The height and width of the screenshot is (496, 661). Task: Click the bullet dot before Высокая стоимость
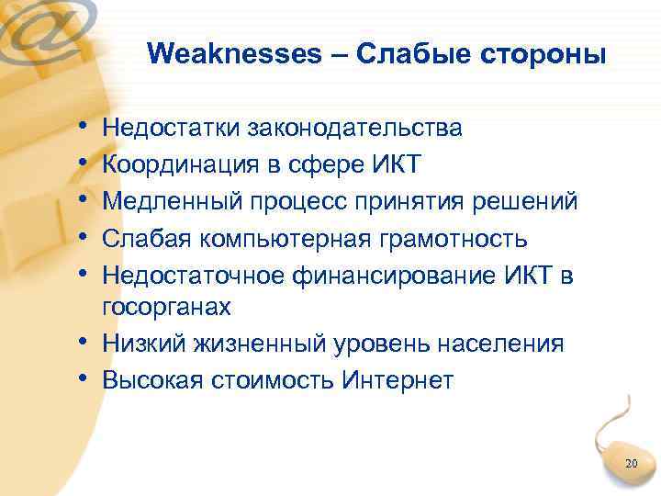(x=84, y=378)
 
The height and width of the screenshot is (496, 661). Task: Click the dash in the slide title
(x=339, y=55)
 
